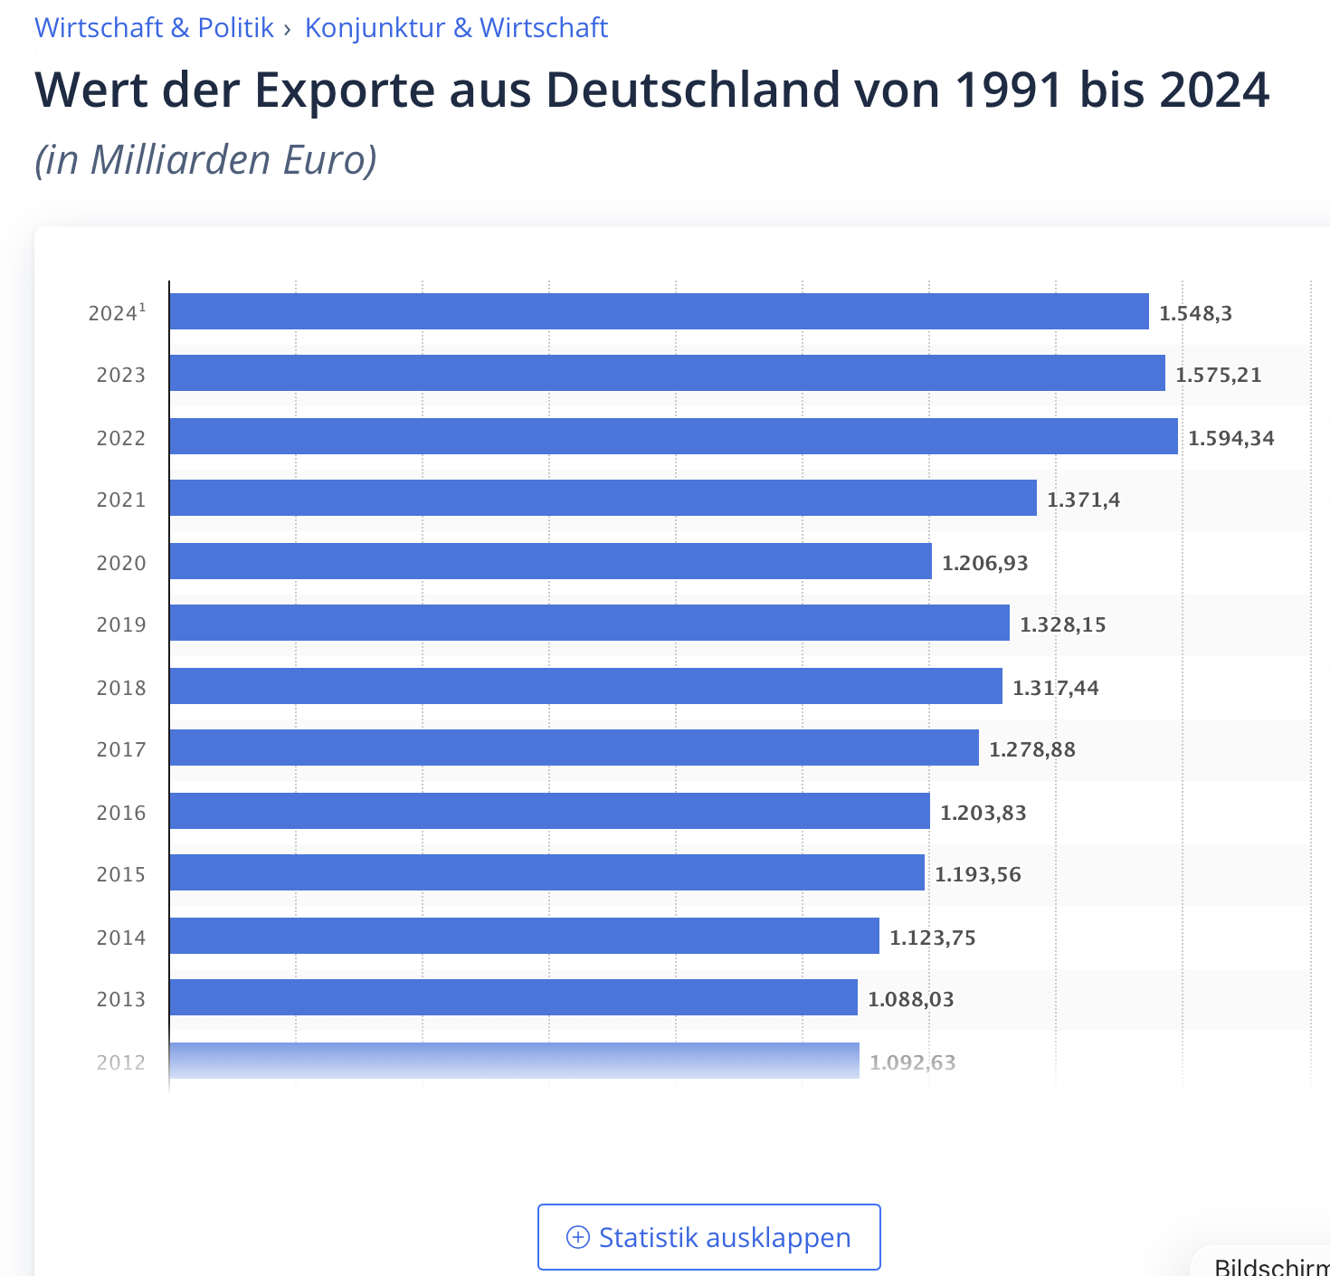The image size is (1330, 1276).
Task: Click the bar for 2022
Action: [x=673, y=436]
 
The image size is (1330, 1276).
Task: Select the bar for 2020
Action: [x=550, y=561]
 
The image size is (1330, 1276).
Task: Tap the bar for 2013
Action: [x=513, y=997]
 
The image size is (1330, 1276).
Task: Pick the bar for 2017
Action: [x=574, y=748]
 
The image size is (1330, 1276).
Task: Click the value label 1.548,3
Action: [x=1195, y=313]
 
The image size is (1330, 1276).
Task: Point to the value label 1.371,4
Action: [x=1083, y=500]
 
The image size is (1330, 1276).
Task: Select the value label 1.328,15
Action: [x=1062, y=624]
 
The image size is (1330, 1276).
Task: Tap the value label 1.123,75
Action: [x=932, y=938]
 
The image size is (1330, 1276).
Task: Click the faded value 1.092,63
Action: [x=912, y=1062]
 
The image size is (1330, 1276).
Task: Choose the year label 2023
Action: [x=121, y=375]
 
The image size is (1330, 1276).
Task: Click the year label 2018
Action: [x=121, y=688]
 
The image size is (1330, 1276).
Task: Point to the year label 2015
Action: [x=121, y=874]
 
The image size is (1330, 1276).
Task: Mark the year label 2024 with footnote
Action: [x=117, y=313]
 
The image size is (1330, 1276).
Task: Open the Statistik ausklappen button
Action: [x=708, y=1237]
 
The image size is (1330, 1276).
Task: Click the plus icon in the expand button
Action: [x=577, y=1237]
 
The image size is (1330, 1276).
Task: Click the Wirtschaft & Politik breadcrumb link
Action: [x=154, y=27]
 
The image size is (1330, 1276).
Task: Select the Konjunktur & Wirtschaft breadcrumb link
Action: [x=456, y=27]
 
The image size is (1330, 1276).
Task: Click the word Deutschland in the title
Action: [x=693, y=90]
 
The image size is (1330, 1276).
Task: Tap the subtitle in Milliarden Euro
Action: [x=205, y=159]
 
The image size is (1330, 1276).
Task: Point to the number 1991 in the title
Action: [x=1008, y=90]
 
